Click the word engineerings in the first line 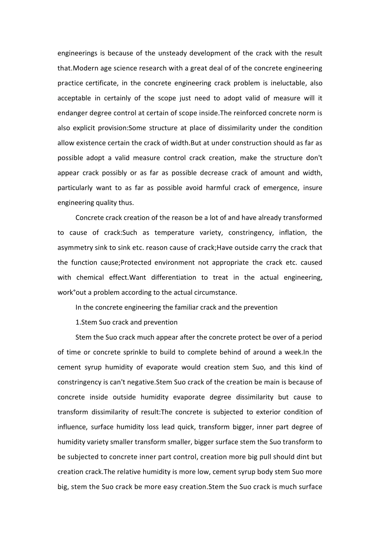[x=77, y=53]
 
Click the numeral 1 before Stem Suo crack [x=77, y=322]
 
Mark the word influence [x=72, y=427]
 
